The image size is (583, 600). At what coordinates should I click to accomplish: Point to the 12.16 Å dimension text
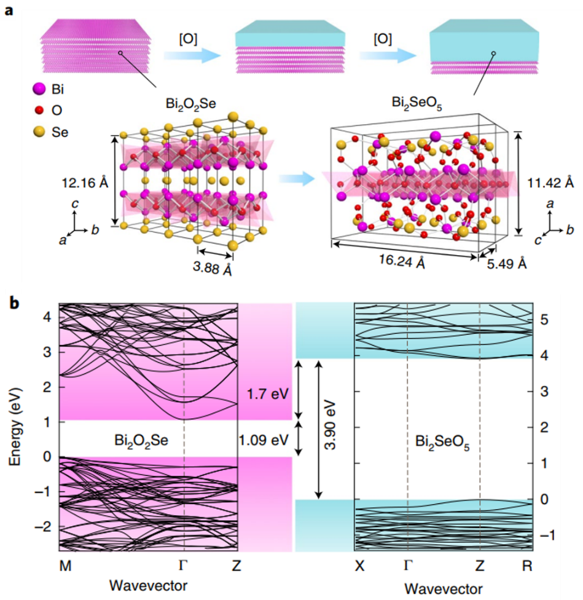[85, 183]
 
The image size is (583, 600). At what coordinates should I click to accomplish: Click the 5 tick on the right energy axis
[545, 320]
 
